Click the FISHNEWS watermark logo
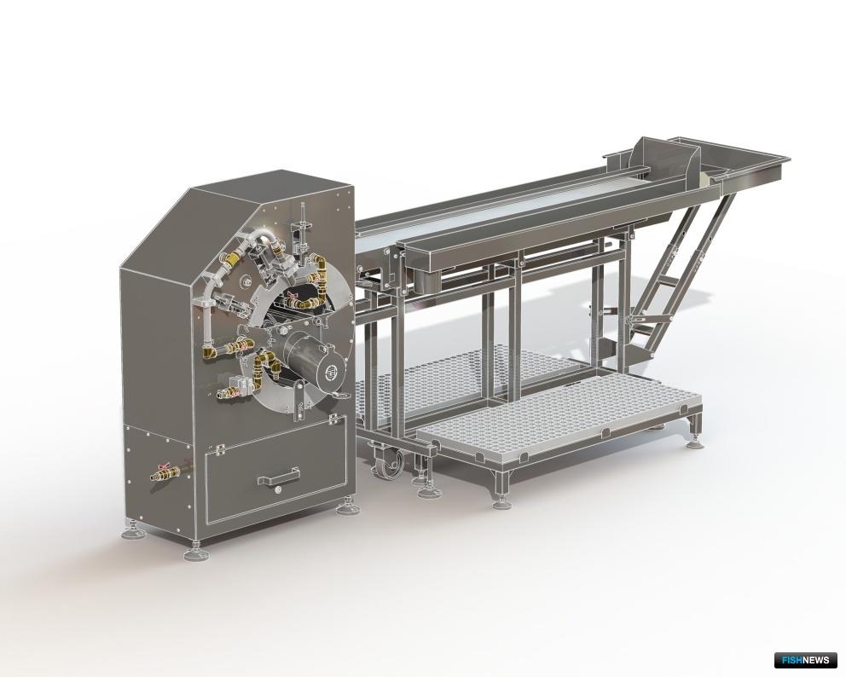(805, 659)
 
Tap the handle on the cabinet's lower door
(278, 477)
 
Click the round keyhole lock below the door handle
(278, 489)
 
